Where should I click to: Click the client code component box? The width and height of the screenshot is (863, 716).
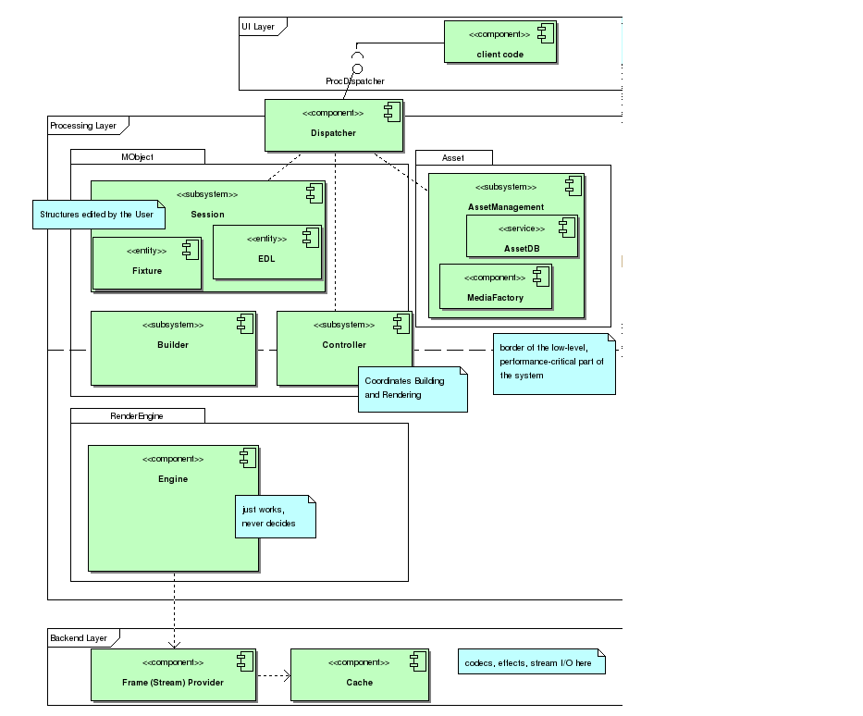pyautogui.click(x=500, y=43)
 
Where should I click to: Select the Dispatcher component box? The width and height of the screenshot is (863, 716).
pyautogui.click(x=334, y=125)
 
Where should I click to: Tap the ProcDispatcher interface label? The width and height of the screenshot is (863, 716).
pyautogui.click(x=355, y=81)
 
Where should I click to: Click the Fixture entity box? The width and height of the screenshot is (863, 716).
pyautogui.click(x=146, y=263)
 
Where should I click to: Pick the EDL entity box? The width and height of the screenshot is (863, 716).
pyautogui.click(x=266, y=251)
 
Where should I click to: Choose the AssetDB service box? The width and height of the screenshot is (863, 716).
pyautogui.click(x=522, y=236)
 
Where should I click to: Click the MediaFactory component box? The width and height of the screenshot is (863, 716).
pyautogui.click(x=495, y=287)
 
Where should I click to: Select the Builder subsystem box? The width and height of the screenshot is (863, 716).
pyautogui.click(x=173, y=348)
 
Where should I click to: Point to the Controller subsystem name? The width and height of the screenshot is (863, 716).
pyautogui.click(x=344, y=345)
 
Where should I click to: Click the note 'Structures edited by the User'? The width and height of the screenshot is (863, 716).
pyautogui.click(x=97, y=215)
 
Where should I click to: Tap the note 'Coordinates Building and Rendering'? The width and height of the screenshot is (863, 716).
pyautogui.click(x=412, y=389)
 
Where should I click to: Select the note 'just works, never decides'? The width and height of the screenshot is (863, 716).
pyautogui.click(x=275, y=517)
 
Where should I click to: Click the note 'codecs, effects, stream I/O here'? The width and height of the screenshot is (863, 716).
pyautogui.click(x=531, y=662)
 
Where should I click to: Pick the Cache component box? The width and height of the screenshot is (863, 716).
pyautogui.click(x=360, y=674)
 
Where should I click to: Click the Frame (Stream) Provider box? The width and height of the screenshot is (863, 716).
pyautogui.click(x=173, y=674)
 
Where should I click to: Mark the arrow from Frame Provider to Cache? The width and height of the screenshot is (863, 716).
pyautogui.click(x=274, y=674)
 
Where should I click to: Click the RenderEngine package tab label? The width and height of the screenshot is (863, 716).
pyautogui.click(x=137, y=416)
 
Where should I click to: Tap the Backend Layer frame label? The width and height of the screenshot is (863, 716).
pyautogui.click(x=79, y=638)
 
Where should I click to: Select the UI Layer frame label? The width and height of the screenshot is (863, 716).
pyautogui.click(x=258, y=27)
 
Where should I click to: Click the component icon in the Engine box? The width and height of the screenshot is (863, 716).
pyautogui.click(x=247, y=457)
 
